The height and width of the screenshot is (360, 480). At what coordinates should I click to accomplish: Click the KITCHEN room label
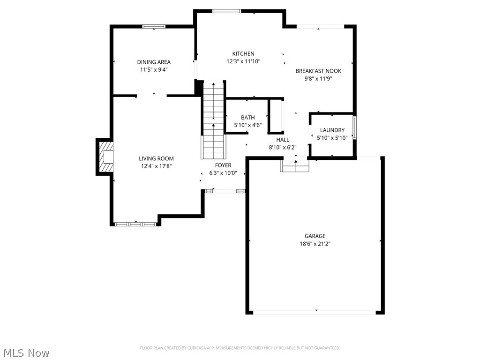[x=243, y=54]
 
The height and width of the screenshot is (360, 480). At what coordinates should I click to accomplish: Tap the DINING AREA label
[x=154, y=62]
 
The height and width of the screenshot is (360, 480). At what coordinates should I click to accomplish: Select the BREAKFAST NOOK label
[x=318, y=71]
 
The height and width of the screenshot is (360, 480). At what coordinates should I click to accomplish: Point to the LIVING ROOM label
[x=156, y=158]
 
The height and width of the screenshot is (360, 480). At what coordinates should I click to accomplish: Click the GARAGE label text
[x=315, y=236]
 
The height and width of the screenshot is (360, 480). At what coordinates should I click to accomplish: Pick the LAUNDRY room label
[x=332, y=130]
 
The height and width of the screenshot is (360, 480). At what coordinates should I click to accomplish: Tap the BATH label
[x=248, y=118]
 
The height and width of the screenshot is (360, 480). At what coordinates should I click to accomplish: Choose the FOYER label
[x=223, y=165]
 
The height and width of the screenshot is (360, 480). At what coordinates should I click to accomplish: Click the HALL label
[x=283, y=140]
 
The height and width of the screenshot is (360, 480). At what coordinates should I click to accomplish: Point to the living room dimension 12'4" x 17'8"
[x=156, y=166]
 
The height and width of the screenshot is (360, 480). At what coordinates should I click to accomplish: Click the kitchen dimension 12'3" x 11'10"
[x=243, y=61]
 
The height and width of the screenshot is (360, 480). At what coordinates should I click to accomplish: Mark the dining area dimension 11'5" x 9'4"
[x=154, y=69]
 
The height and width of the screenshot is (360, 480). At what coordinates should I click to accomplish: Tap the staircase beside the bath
[x=214, y=120]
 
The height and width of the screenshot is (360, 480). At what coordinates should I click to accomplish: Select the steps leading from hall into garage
[x=295, y=166]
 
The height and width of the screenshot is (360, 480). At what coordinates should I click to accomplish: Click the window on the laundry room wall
[x=354, y=127]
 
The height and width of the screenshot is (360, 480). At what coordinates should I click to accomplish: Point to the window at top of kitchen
[x=227, y=11]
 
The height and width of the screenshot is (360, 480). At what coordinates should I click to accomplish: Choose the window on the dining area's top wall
[x=154, y=27]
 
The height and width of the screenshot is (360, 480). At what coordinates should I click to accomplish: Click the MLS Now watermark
[x=26, y=352]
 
